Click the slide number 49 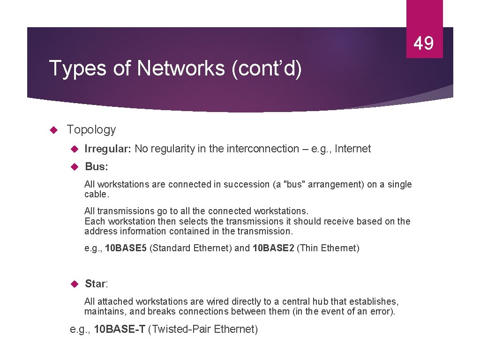[424, 44]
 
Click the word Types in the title [78, 68]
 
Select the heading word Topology [91, 130]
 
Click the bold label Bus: [96, 167]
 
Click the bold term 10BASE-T [120, 330]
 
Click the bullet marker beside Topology [53, 130]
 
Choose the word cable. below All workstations [96, 194]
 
